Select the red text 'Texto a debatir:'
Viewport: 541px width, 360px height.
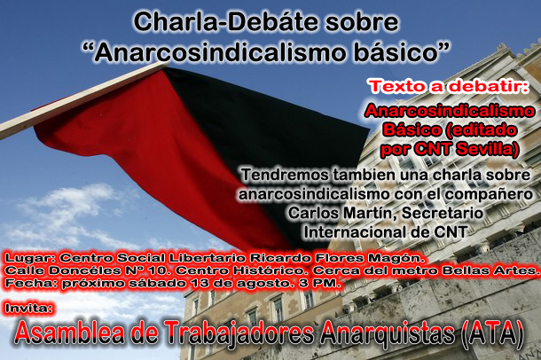pyautogui.click(x=450, y=86)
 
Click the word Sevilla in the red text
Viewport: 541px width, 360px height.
pyautogui.click(x=487, y=149)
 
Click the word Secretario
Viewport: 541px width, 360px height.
pyautogui.click(x=442, y=213)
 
